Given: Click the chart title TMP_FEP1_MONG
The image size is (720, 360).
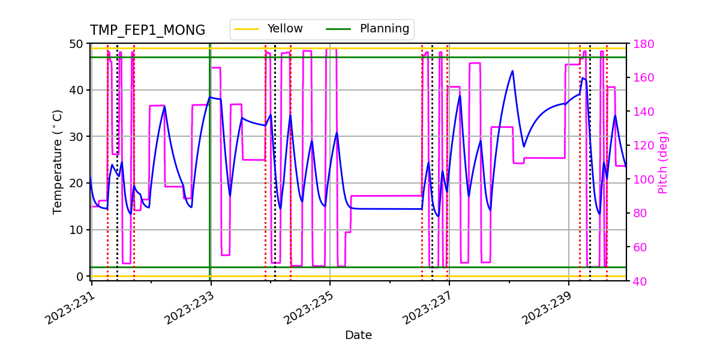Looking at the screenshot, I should point(148,31).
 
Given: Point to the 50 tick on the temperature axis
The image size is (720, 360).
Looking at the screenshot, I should point(76,44).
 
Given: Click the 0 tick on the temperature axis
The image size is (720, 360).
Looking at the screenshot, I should point(79,277).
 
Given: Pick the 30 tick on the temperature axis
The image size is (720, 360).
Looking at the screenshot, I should point(76,137).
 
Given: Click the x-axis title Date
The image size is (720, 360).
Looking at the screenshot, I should point(358,335).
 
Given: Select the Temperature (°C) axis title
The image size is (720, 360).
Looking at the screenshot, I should point(58,161).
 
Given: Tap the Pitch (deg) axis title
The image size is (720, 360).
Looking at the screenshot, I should point(663,162).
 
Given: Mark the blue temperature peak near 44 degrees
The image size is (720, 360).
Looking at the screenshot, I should point(512,71).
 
